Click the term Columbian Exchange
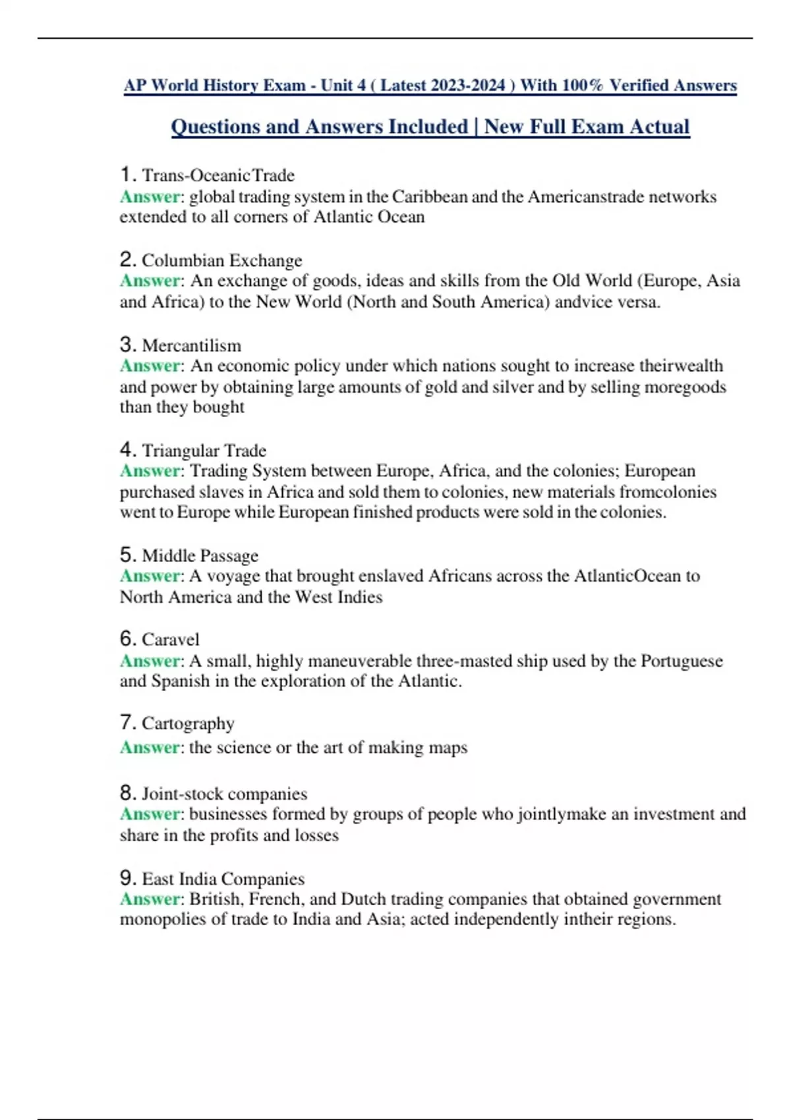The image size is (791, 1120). [x=221, y=260]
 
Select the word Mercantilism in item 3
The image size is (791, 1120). [x=191, y=345]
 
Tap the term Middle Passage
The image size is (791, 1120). [x=200, y=555]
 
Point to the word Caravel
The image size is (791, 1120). [x=170, y=640]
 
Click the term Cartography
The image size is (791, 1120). [x=188, y=723]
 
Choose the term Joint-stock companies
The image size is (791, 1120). [x=224, y=794]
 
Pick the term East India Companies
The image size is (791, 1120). [x=223, y=879]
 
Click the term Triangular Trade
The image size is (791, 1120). [x=204, y=451]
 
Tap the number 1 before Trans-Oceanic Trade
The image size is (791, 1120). [x=127, y=175]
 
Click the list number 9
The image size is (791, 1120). [x=127, y=878]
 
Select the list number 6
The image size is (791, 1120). [x=127, y=639]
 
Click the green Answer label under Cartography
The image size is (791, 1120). [x=150, y=748]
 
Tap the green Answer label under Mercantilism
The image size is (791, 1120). [x=150, y=366]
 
